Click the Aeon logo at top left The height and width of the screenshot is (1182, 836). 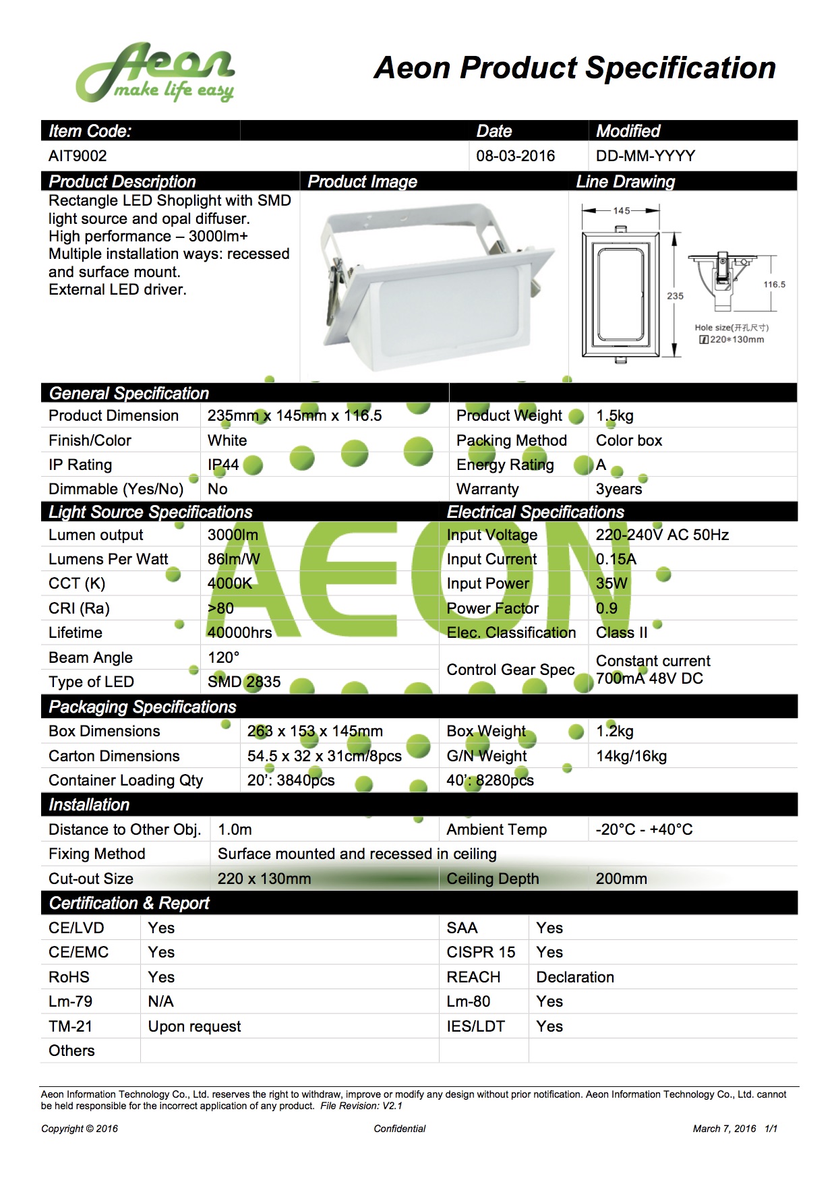point(155,73)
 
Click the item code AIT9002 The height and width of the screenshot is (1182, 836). point(78,156)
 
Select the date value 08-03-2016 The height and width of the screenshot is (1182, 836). point(515,156)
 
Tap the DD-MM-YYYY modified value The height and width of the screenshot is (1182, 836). point(645,156)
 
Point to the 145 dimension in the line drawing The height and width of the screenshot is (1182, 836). point(622,210)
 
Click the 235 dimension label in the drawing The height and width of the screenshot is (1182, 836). point(675,295)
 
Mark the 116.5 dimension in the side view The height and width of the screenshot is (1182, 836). point(774,285)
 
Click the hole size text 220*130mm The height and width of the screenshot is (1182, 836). point(736,339)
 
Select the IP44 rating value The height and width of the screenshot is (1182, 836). point(223,465)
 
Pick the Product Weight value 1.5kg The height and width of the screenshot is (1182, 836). point(615,415)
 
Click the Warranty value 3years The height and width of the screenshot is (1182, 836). point(619,489)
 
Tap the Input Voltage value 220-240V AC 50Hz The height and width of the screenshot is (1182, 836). point(662,535)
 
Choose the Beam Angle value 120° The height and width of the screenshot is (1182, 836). point(223,657)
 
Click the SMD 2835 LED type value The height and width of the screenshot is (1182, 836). point(244,682)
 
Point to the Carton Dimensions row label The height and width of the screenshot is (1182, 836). point(114,756)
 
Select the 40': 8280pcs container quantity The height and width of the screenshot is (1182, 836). point(490,780)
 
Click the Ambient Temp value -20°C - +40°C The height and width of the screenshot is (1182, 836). point(644,829)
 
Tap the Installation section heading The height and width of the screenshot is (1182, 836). point(89,804)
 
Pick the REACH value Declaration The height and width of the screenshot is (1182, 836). point(575,977)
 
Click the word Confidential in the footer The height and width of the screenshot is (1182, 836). point(400,1129)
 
